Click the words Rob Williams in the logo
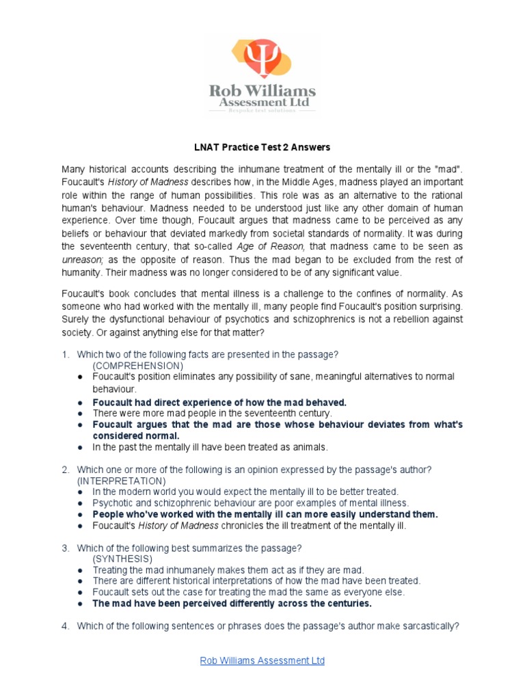tap(262, 91)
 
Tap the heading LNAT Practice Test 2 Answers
tap(262, 147)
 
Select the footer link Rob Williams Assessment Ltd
tap(262, 660)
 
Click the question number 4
tap(66, 625)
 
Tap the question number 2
tap(66, 470)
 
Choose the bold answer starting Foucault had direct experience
tap(219, 402)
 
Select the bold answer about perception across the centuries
tap(232, 604)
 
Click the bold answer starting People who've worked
tap(265, 514)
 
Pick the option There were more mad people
tap(212, 414)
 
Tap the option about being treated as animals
tap(211, 447)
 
